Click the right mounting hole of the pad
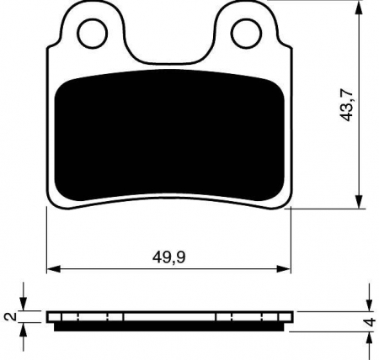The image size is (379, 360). [245, 33]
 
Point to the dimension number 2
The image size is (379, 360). [10, 317]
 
